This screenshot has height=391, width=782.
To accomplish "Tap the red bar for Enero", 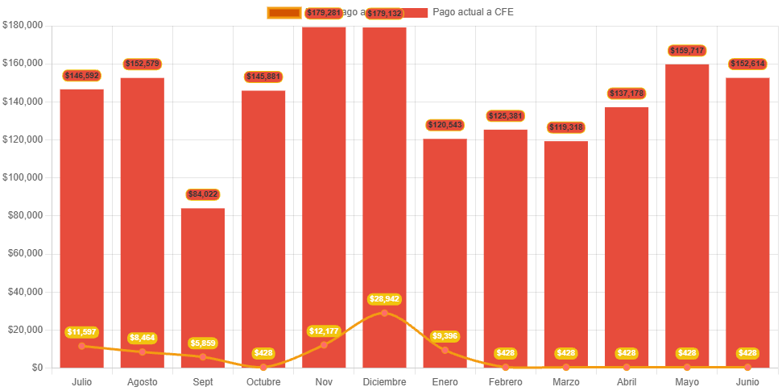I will [445, 242].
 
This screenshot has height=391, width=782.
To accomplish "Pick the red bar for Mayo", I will [687, 210].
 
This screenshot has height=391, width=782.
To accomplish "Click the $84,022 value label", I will [203, 194].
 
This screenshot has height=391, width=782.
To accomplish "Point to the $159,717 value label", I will [687, 51].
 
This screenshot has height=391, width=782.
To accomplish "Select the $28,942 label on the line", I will [384, 299].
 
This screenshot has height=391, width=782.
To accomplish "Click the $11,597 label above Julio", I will [81, 332].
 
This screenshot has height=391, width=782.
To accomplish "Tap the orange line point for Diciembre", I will [384, 313].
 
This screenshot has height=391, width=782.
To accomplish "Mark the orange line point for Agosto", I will [143, 351].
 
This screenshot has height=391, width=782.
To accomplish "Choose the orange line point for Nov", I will [324, 345].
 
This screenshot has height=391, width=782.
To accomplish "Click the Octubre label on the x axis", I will [263, 381].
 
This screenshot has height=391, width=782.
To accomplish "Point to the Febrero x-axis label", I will [505, 381].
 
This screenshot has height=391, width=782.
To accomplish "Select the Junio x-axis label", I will [747, 381].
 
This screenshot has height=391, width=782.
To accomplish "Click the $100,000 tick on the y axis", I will [23, 177].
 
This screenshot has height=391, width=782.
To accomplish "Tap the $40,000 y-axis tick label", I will [24, 291].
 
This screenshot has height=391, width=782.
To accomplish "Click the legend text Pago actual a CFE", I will [473, 12].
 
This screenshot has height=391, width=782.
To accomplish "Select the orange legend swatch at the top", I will [283, 12].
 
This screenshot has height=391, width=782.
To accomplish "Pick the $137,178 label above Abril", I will [627, 94].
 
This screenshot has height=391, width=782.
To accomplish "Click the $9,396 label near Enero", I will [445, 335].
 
